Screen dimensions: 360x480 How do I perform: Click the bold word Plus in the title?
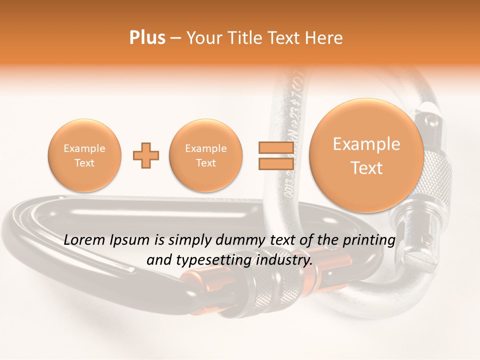click(x=147, y=38)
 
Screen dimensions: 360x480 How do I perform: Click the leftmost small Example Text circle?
click(x=84, y=155)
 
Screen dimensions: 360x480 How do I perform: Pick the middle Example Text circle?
click(x=206, y=155)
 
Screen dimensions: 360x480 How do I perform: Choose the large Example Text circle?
click(x=366, y=155)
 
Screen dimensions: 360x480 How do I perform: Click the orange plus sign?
click(x=146, y=155)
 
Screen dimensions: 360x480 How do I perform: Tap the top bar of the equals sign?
click(x=275, y=148)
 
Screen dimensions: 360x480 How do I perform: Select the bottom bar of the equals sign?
click(x=275, y=163)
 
